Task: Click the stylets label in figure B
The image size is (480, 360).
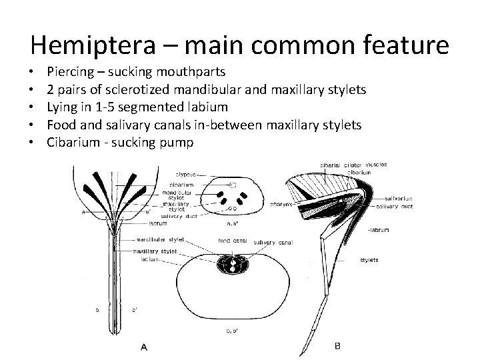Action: point(369,259)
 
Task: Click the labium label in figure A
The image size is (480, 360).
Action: point(148,259)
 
